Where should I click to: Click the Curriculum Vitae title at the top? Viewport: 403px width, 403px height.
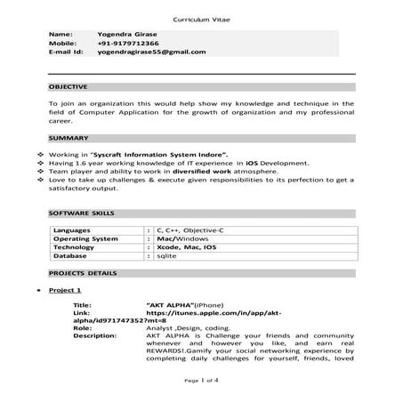tap(201, 17)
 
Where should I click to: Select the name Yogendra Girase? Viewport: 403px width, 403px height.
tap(126, 33)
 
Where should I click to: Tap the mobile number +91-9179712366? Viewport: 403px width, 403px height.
tap(128, 43)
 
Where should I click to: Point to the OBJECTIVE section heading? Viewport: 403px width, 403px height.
tap(68, 87)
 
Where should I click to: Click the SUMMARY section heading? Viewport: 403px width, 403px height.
tap(68, 139)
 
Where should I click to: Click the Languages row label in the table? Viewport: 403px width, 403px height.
tap(72, 230)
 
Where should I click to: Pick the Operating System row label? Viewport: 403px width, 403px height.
tap(85, 238)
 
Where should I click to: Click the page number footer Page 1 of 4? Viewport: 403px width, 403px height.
tap(201, 380)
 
